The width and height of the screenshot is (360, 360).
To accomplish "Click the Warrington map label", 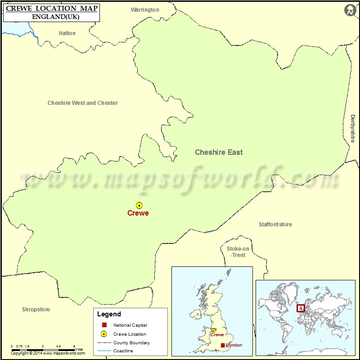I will [145, 9].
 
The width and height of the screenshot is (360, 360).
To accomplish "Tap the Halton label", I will [67, 33].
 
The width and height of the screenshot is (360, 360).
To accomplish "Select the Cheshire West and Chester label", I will [83, 103].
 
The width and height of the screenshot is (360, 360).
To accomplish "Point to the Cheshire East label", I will [219, 152].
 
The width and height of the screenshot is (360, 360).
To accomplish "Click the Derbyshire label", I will [352, 129].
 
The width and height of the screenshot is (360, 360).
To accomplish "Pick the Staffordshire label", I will [275, 225].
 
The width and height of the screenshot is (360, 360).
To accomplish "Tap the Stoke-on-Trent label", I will [238, 252].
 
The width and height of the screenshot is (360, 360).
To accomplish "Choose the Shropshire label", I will [36, 310].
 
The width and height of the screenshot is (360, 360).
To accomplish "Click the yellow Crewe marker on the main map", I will [139, 205].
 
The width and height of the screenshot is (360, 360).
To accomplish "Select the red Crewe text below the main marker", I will [138, 213].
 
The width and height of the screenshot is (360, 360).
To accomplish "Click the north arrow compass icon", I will [350, 10].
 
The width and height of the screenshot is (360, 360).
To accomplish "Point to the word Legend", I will [109, 314].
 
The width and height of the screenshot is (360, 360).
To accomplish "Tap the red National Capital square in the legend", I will [103, 325].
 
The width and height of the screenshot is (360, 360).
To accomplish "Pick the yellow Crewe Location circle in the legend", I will [103, 334].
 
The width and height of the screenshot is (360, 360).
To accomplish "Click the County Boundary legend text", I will [132, 342].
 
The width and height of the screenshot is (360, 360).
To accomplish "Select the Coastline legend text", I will [123, 351].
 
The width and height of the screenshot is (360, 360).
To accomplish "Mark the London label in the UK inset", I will [234, 345].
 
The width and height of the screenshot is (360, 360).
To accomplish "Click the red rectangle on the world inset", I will [301, 309].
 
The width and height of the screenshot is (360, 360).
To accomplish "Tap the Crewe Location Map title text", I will [52, 8].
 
